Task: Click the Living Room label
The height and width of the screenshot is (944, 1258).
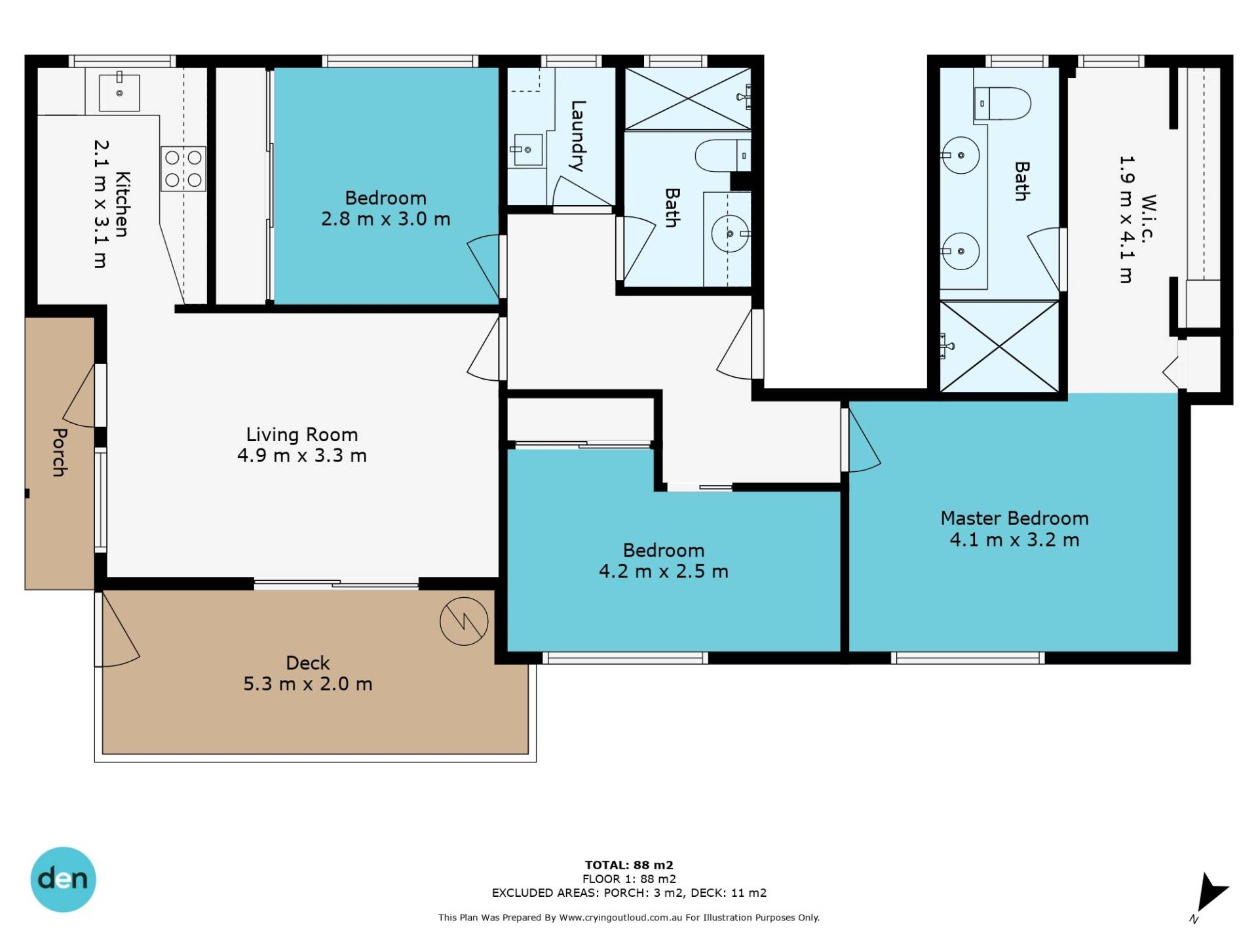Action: [302, 435]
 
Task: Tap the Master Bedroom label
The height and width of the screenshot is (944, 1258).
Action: [1014, 519]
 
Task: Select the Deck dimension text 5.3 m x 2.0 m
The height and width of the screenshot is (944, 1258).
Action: [308, 684]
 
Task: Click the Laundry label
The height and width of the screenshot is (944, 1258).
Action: [577, 136]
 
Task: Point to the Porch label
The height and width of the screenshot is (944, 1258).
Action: [60, 452]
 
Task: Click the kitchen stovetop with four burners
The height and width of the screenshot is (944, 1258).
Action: [183, 168]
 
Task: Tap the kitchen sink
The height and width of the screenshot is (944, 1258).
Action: [119, 92]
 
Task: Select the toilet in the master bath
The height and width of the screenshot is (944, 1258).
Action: [1002, 104]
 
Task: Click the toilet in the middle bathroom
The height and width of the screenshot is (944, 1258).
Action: [723, 155]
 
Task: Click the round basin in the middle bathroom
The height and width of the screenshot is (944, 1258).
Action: [730, 233]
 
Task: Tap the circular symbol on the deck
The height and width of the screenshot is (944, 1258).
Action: [464, 621]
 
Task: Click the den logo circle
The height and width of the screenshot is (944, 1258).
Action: [63, 879]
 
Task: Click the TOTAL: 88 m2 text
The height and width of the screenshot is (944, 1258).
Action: [629, 865]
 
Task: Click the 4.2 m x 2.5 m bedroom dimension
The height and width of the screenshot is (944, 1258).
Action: [664, 571]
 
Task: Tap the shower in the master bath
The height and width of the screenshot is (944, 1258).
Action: [999, 347]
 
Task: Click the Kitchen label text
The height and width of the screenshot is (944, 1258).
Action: [123, 204]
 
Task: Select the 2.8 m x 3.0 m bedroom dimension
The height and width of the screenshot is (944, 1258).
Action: [386, 218]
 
